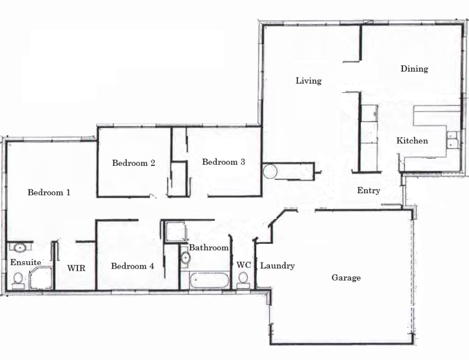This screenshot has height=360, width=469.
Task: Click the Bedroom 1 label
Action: click(49, 192)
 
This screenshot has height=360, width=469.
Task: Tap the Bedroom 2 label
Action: click(134, 163)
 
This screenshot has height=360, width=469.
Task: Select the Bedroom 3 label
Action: click(224, 162)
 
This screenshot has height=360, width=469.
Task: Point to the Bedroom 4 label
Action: click(133, 266)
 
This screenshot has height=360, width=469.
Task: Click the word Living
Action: click(309, 81)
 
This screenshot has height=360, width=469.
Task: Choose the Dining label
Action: click(414, 69)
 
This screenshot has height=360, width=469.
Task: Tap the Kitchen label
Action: click(412, 141)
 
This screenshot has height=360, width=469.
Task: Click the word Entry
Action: click(369, 190)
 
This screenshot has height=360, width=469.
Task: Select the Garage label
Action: click(346, 278)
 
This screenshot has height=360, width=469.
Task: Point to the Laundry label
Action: click(277, 266)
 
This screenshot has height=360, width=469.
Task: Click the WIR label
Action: click(76, 268)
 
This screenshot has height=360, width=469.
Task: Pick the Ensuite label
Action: click(26, 262)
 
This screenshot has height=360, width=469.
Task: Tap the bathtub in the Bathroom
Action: click(209, 280)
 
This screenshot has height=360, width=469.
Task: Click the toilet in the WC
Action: click(243, 281)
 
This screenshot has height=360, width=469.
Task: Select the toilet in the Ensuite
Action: click(18, 281)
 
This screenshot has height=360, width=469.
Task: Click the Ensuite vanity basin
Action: click(20, 248)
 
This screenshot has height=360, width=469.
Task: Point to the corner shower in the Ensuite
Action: click(41, 278)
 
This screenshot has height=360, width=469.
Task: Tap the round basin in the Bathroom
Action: click(185, 257)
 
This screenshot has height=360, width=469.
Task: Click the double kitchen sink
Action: click(452, 140)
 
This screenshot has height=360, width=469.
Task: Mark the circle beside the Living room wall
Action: click(270, 171)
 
